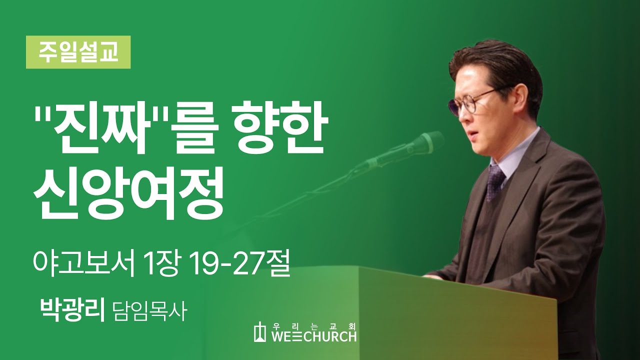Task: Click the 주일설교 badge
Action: (x=78, y=52)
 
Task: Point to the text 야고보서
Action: (x=83, y=263)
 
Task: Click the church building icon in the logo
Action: (x=260, y=332)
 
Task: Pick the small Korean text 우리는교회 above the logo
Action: (x=314, y=324)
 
